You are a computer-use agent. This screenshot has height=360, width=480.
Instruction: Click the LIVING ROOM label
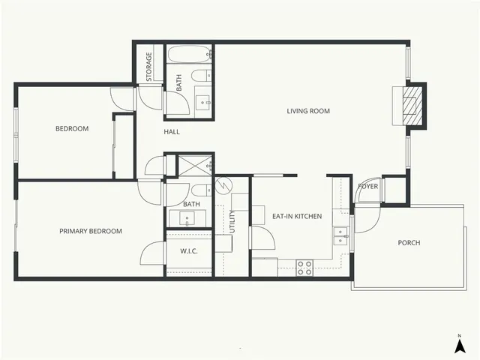coord(308,111)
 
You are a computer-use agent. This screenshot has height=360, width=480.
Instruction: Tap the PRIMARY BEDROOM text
coord(91,231)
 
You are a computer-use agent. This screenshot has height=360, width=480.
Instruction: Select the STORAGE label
coord(149,67)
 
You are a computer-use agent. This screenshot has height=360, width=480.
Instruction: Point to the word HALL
coord(172,132)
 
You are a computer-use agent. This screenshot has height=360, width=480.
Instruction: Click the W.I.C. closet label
coord(188,250)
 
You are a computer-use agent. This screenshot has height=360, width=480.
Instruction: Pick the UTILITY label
coord(232,220)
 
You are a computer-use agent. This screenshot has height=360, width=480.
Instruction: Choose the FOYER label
coord(367,186)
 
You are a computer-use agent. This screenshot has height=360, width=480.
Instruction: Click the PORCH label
coord(409,242)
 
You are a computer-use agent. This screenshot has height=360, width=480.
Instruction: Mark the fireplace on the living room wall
coord(412,106)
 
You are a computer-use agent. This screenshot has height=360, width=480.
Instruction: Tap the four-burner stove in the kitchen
coord(304,267)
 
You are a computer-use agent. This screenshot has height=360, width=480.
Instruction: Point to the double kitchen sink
coord(341,236)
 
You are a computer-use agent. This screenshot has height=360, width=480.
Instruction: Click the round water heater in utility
coord(222,185)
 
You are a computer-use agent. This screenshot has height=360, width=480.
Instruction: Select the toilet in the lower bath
coord(199,190)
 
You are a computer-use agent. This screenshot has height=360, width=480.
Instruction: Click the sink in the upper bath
coord(203,102)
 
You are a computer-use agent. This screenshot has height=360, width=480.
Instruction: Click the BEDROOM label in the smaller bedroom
coord(72,129)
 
